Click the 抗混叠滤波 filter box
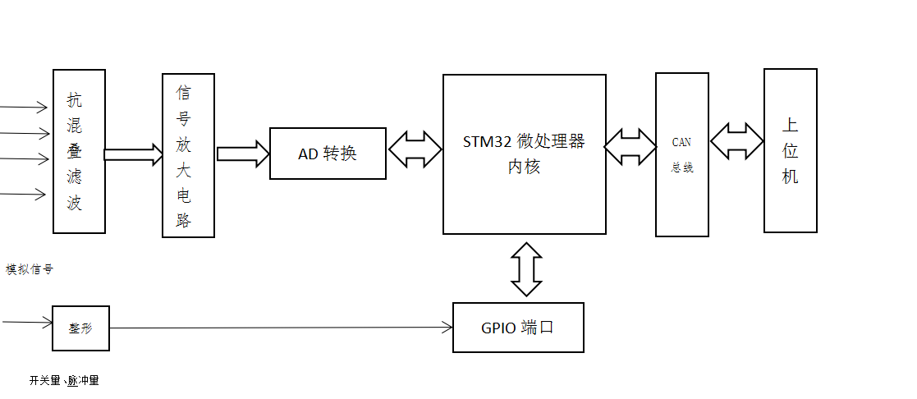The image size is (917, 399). (79, 151)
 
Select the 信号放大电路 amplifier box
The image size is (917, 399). (188, 155)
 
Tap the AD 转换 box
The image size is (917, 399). (328, 154)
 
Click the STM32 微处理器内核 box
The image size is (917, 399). (524, 154)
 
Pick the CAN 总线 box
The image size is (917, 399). (681, 154)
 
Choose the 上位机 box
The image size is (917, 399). (790, 150)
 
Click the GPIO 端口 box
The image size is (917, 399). (518, 328)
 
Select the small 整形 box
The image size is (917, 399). (80, 328)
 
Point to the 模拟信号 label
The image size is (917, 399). (30, 269)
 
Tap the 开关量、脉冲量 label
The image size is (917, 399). (63, 380)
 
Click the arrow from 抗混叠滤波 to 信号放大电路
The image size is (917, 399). (134, 154)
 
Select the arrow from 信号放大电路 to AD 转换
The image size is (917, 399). (243, 154)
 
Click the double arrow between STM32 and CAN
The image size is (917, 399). (630, 146)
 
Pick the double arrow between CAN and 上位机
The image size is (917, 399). (736, 141)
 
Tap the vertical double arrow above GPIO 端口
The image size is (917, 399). (526, 268)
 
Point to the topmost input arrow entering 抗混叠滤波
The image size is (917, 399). (25, 107)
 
